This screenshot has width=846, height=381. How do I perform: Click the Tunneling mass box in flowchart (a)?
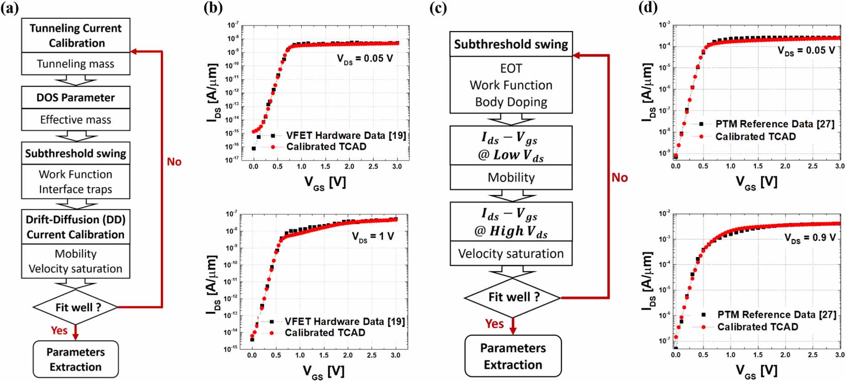point(75,64)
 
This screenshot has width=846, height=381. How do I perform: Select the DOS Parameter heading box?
point(75,97)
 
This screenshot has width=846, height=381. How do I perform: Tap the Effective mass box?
point(75,120)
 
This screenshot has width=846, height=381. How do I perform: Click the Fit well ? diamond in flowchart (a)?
point(76,307)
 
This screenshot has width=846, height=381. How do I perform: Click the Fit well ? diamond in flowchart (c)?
point(513,297)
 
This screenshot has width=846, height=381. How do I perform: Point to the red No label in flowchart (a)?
point(174,162)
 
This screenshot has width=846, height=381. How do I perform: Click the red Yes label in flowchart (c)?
point(494,324)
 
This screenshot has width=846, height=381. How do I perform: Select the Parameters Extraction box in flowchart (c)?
point(513,356)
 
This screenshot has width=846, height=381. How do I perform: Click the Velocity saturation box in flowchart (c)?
point(511,254)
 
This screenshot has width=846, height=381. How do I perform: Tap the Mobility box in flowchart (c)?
point(511,177)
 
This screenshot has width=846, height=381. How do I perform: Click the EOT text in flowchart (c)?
point(511,69)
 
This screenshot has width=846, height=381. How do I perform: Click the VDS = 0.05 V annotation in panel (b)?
point(364,59)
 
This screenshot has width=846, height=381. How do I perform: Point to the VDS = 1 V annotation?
point(373,236)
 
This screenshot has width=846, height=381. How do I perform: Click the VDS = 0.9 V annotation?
point(809,238)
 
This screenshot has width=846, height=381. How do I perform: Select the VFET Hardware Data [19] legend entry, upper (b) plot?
point(345,135)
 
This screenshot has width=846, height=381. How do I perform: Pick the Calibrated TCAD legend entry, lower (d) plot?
point(757,327)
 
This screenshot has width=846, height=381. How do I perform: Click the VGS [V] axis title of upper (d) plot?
point(756,182)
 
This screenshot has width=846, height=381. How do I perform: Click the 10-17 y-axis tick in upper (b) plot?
point(233,160)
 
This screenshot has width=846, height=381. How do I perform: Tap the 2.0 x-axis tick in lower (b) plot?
point(348,355)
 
